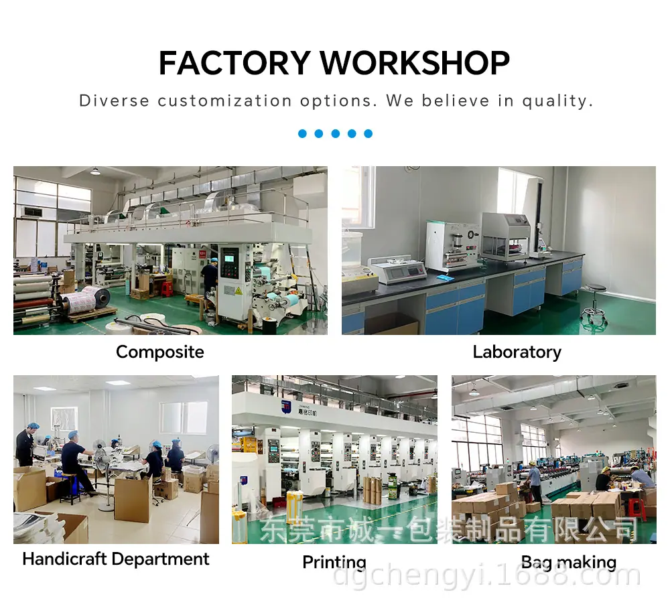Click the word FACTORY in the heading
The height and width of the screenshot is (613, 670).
coord(234,63)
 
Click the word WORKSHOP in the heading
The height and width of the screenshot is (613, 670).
coord(415,63)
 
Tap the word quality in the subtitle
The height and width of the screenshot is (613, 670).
coord(557,101)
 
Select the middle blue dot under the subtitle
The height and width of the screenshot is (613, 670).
coord(336,134)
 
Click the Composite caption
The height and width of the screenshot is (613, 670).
coord(160,352)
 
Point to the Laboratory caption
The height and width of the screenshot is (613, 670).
coord(517,352)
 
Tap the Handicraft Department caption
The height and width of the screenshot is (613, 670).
coord(116,559)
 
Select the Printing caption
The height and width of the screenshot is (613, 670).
coord(334,562)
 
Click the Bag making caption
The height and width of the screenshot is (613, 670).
coord(569,562)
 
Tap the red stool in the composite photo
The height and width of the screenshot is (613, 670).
coord(167,288)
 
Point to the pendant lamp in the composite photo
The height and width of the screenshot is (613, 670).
coord(95,171)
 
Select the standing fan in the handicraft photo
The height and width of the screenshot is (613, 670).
coord(103,474)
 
